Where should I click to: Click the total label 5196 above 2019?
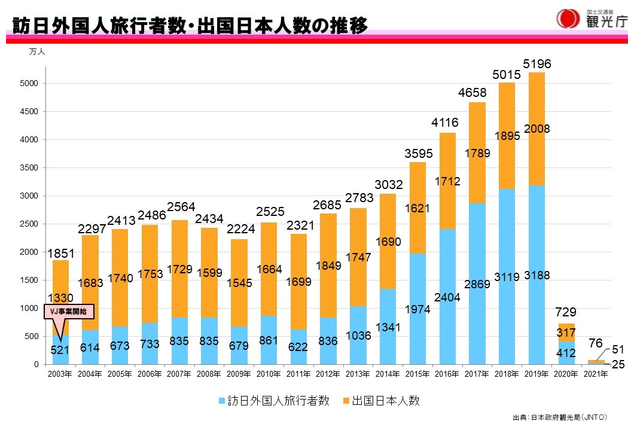pyautogui.click(x=536, y=63)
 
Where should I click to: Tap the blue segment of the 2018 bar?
pyautogui.click(x=506, y=299)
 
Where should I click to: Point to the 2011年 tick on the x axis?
pyautogui.click(x=298, y=374)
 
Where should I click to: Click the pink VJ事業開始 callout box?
pyautogui.click(x=69, y=312)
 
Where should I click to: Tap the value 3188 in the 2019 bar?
pyautogui.click(x=536, y=276)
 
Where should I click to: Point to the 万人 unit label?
pyautogui.click(x=37, y=52)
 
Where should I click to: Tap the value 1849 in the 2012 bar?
pyautogui.click(x=328, y=266)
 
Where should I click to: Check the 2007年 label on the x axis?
pyautogui.click(x=179, y=374)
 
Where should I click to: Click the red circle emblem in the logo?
pyautogui.click(x=567, y=19)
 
